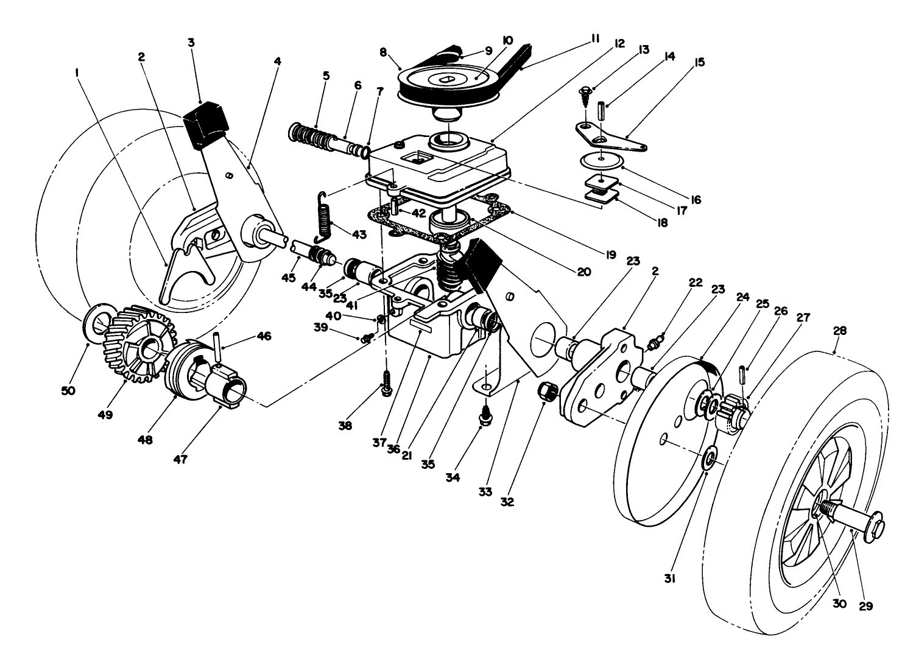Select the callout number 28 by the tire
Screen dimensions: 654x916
point(840,332)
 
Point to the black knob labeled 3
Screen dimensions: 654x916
point(205,124)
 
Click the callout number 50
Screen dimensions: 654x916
point(68,390)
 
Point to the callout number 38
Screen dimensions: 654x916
point(345,426)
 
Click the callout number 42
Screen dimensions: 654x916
point(417,213)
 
